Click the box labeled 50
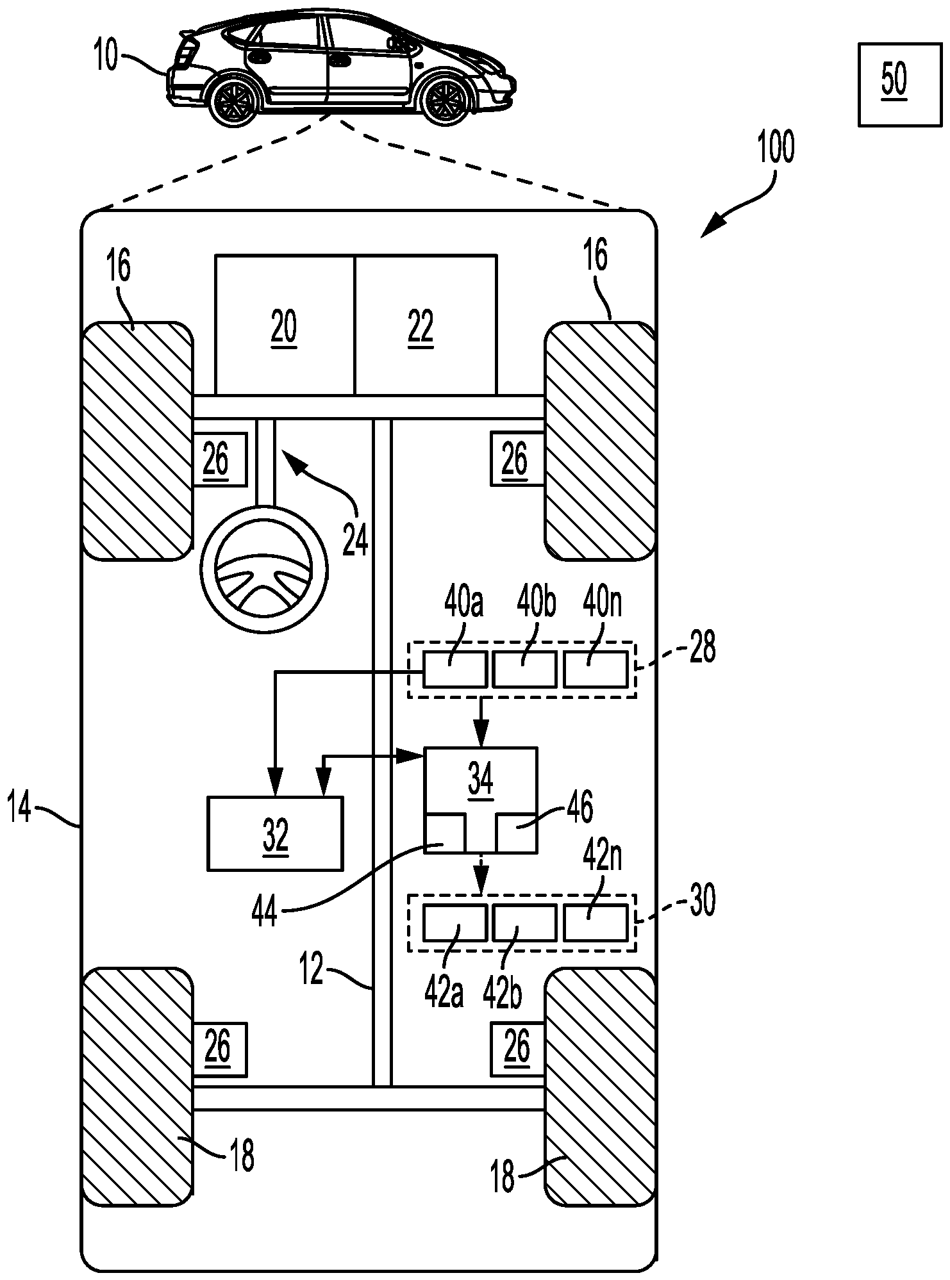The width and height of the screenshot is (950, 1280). (895, 85)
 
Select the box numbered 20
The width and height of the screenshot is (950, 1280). (284, 325)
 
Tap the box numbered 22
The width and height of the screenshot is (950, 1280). (426, 325)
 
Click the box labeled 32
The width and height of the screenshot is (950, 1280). (275, 833)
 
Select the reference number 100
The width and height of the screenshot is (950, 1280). (776, 147)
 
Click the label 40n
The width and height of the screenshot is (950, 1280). (603, 603)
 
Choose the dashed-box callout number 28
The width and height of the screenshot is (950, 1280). (703, 648)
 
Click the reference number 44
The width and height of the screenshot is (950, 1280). (265, 910)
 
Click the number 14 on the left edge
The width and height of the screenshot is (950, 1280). (19, 808)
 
